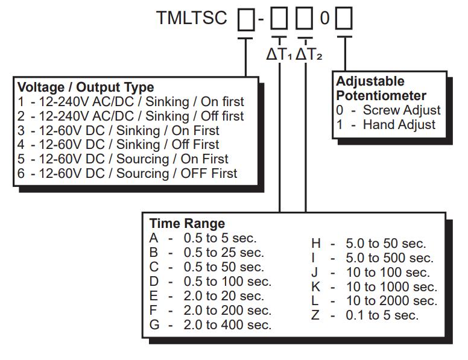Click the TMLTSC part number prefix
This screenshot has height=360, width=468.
click(192, 18)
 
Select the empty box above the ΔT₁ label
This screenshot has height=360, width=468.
click(279, 20)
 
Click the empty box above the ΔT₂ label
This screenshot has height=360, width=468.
click(306, 20)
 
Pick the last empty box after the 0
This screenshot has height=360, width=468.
click(344, 20)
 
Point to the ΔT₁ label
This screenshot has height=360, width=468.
click(279, 54)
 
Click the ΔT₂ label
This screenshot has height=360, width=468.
click(308, 54)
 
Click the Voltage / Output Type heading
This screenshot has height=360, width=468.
click(86, 87)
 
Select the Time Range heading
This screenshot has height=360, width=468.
click(187, 224)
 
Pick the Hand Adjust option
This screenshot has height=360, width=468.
click(386, 125)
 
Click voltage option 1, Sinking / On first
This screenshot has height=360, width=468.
click(131, 102)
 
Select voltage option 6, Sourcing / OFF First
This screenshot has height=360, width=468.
click(128, 174)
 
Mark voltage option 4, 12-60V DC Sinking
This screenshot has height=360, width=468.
click(118, 145)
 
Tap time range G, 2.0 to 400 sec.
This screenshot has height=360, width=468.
click(210, 325)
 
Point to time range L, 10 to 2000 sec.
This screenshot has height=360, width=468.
click(374, 301)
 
